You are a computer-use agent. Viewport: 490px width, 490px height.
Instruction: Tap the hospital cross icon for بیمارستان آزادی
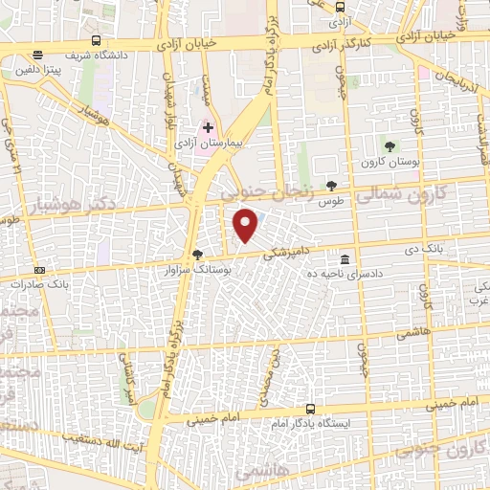point(209,126)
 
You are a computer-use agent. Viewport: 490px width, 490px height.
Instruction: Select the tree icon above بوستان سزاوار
point(197,255)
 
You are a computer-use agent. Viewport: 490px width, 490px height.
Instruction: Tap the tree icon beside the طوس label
point(332,186)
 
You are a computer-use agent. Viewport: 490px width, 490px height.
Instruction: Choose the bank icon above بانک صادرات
point(38,271)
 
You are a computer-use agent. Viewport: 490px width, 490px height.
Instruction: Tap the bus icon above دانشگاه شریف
point(96,40)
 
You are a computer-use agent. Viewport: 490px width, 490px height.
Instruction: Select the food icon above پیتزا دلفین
point(36,55)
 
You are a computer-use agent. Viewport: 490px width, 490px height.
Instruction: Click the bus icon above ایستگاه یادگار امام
point(309,410)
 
